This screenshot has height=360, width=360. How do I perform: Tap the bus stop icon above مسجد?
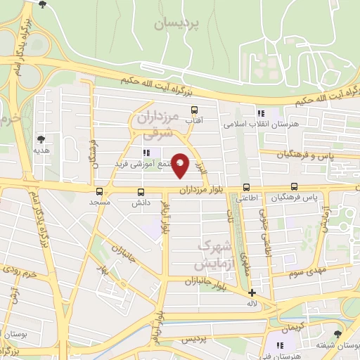click(98, 191)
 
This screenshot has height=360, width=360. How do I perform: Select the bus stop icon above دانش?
click(141, 191)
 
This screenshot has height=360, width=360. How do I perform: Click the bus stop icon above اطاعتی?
click(246, 187)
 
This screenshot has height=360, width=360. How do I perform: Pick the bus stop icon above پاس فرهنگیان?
click(294, 187)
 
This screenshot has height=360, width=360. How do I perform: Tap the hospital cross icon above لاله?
click(252, 292)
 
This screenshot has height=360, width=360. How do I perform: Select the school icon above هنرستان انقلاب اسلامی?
click(261, 112)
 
